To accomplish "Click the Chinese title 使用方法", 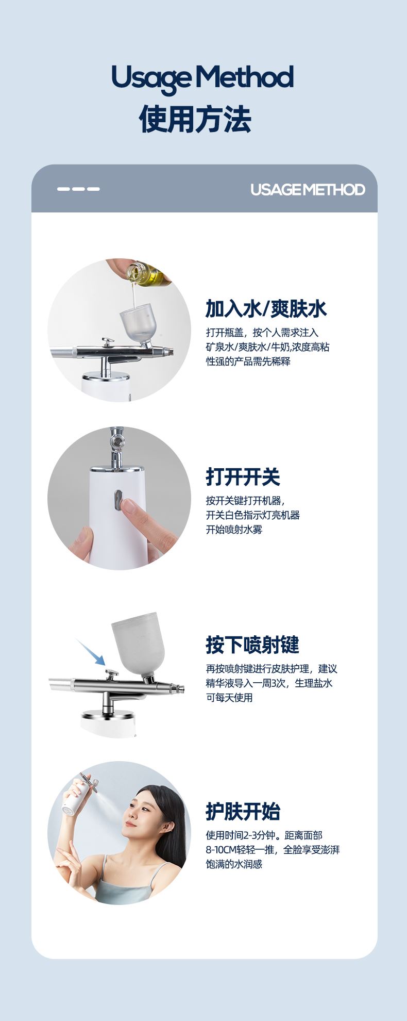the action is click(x=195, y=120).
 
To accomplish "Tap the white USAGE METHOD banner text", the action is click(x=308, y=189).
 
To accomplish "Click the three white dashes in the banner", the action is click(x=78, y=189).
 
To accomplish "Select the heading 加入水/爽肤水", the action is click(x=266, y=308).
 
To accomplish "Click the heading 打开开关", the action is click(x=243, y=476).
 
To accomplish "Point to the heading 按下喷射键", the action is click(x=252, y=645).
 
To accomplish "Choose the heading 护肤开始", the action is click(x=243, y=811).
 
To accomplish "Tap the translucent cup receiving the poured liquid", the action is click(x=135, y=328).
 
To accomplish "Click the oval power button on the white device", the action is click(x=118, y=500).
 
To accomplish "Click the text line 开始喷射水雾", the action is click(x=234, y=530).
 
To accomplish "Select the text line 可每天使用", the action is click(x=230, y=698).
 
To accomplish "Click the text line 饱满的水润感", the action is click(x=234, y=864).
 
